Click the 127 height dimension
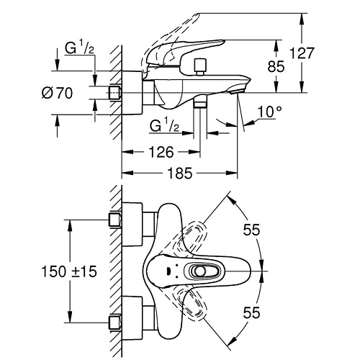tap(302, 53)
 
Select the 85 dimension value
tap(276, 66)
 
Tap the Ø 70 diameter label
tap(57, 93)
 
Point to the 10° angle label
tap(270, 112)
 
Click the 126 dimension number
tap(161, 152)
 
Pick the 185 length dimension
tap(180, 174)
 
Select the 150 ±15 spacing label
tap(69, 271)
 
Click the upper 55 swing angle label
tap(251, 230)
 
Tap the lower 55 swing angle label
tap(251, 312)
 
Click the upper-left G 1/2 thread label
tap(79, 48)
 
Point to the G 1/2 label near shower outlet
tap(164, 125)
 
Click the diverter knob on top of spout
tap(200, 66)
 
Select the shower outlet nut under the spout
tap(200, 103)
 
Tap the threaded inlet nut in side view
tap(115, 92)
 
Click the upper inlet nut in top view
tap(115, 220)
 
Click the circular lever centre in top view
tap(200, 271)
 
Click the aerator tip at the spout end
tap(236, 91)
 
